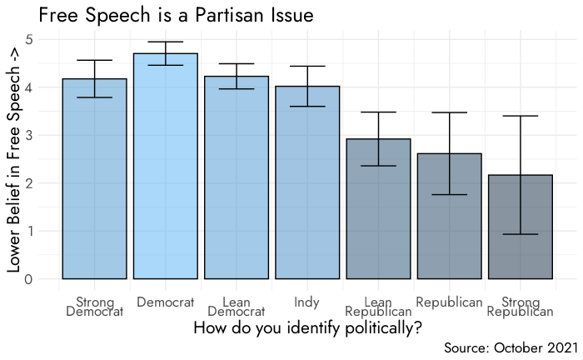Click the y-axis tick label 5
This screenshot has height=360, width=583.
[x=29, y=39]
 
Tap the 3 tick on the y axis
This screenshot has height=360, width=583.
[x=29, y=135]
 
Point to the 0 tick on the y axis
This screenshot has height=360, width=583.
[x=29, y=279]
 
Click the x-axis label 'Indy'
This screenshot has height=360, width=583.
[x=307, y=301]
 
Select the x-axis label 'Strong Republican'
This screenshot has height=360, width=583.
[x=521, y=307]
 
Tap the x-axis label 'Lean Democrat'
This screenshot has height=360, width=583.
[x=237, y=307]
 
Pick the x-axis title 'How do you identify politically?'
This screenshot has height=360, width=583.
[x=307, y=327]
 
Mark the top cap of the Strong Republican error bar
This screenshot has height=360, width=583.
[x=521, y=116]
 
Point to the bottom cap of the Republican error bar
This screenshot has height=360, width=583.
[x=450, y=194]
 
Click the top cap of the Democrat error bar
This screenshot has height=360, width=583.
[x=165, y=42]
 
